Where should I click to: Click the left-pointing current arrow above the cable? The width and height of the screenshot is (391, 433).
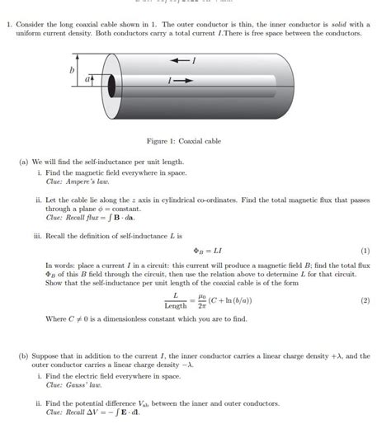tap(177, 62)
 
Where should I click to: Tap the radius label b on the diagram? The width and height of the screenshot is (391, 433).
tap(72, 72)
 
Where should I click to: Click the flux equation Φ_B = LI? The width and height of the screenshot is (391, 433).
tap(201, 251)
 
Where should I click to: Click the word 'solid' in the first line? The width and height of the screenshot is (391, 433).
tap(327, 25)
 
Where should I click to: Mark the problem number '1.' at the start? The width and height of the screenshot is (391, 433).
tap(10, 25)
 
